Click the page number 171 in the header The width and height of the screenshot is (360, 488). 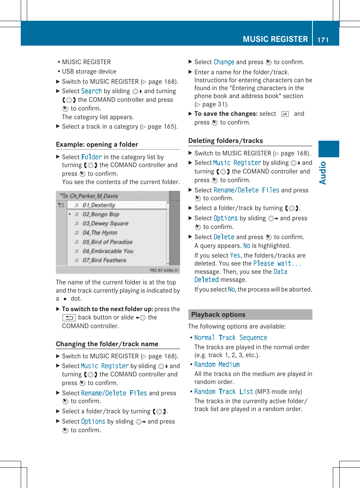click(x=323, y=40)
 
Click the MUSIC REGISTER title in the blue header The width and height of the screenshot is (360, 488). click(x=275, y=39)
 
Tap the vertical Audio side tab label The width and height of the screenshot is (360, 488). click(x=323, y=173)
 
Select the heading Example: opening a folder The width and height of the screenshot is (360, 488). click(x=97, y=144)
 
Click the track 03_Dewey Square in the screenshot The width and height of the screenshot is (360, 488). click(x=105, y=223)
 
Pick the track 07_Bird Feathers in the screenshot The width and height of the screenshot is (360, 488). click(x=104, y=260)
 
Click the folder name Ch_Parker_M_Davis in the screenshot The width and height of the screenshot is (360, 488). click(x=94, y=196)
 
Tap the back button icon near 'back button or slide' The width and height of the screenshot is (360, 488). click(x=69, y=318)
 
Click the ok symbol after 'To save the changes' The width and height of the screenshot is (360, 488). click(x=285, y=114)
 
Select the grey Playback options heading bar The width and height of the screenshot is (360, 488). click(x=250, y=315)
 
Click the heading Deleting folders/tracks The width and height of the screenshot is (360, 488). click(x=226, y=141)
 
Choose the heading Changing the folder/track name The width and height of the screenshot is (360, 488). click(x=107, y=344)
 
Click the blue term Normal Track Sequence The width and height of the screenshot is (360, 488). click(x=231, y=338)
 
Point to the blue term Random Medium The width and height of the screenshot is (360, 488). click(x=217, y=365)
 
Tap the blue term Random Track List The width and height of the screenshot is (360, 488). click(x=223, y=391)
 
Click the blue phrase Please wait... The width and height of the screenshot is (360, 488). click(x=277, y=264)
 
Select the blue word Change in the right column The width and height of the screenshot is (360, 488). click(x=224, y=62)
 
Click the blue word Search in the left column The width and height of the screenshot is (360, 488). click(x=91, y=91)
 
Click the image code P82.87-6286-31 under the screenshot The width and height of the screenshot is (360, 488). click(x=164, y=270)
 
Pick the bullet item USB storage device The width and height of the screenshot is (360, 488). click(x=89, y=71)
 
